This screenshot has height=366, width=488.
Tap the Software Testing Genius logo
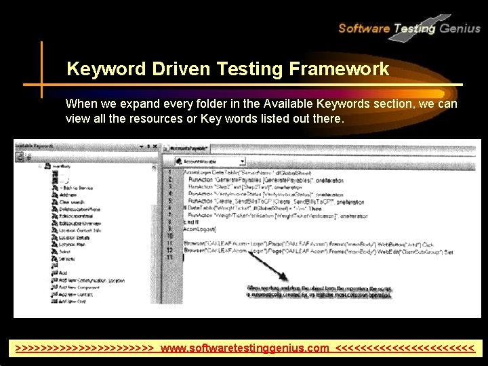(408, 28)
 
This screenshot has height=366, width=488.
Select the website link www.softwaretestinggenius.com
(245, 348)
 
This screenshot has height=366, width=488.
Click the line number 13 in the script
(169, 258)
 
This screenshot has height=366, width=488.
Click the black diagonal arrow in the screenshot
(266, 264)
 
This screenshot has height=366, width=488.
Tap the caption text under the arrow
(319, 291)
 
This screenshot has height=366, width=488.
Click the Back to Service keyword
(77, 187)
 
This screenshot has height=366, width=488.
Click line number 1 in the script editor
(169, 172)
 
